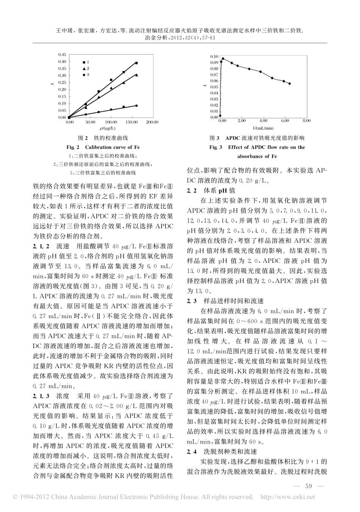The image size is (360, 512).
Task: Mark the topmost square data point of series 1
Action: [x=136, y=63]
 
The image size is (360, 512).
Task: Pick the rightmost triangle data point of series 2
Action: [x=136, y=75]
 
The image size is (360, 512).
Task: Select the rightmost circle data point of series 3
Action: [x=136, y=106]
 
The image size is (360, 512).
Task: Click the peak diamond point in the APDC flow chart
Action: [x=223, y=59]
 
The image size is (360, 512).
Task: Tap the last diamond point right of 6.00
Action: [x=290, y=84]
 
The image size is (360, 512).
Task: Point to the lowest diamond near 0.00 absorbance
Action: [x=221, y=116]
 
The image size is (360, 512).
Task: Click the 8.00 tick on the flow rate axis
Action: [x=306, y=121]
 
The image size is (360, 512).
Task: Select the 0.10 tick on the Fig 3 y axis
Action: [x=214, y=56]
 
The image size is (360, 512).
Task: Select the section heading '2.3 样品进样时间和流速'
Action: [x=225, y=301]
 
